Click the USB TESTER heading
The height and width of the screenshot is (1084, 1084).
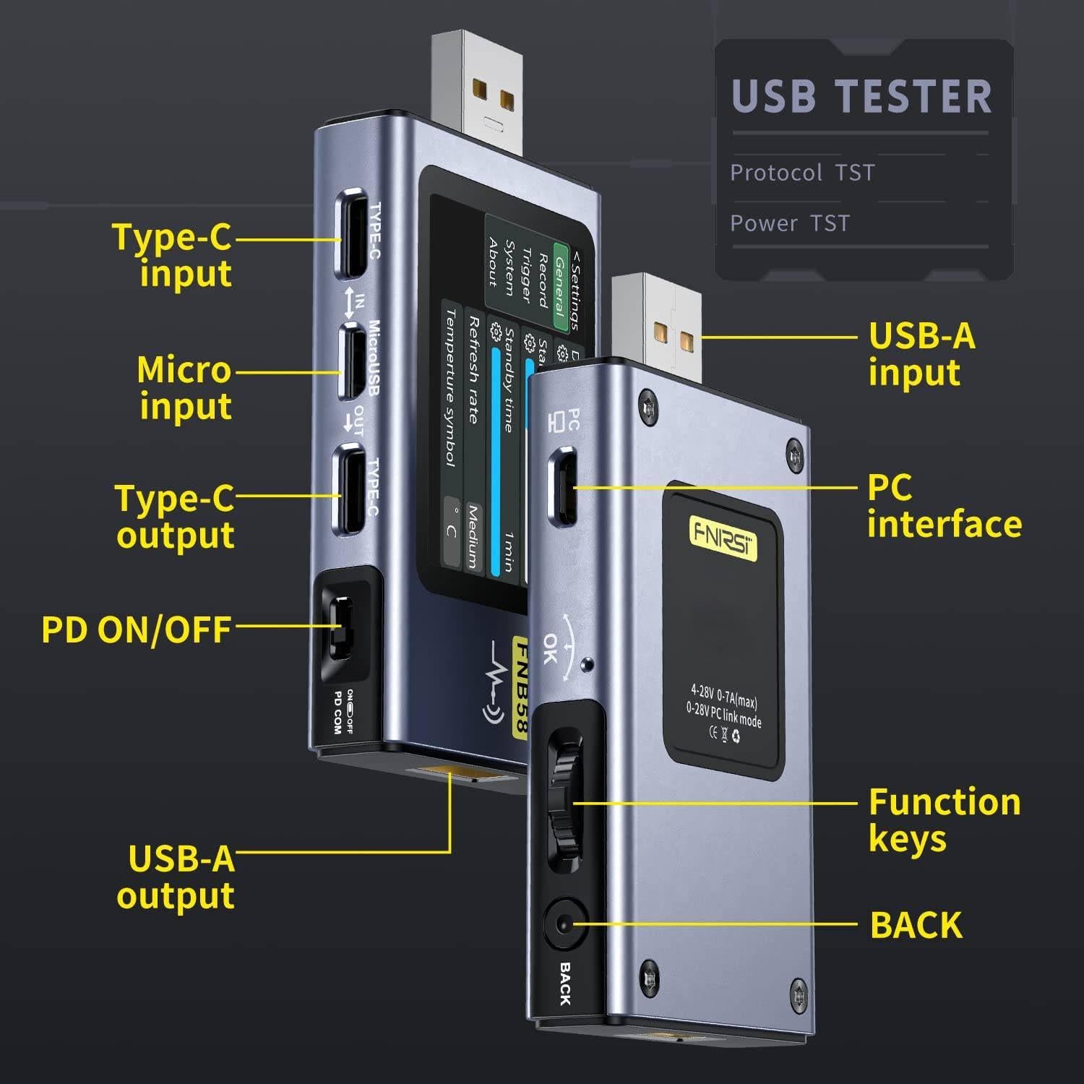click(861, 97)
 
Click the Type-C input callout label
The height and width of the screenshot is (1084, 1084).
click(172, 255)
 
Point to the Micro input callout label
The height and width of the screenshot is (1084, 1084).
click(184, 387)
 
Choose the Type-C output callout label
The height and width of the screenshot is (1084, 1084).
click(175, 517)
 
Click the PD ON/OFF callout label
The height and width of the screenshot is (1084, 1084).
click(136, 629)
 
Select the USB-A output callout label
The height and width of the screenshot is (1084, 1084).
click(176, 877)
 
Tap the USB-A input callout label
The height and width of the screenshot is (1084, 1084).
click(921, 354)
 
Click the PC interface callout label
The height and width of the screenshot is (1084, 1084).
click(944, 506)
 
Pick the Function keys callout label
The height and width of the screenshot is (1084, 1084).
click(944, 820)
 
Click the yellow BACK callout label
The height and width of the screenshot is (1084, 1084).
click(916, 925)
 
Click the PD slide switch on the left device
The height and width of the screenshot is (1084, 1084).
click(340, 627)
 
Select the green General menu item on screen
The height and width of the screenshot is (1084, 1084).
click(559, 285)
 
